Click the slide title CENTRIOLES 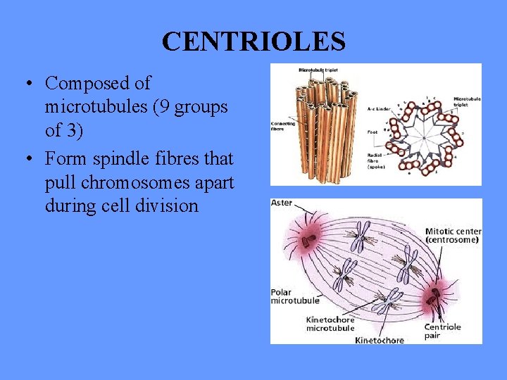pos(254,42)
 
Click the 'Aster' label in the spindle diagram pos(282,203)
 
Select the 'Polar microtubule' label pos(294,296)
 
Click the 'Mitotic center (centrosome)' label pos(451,236)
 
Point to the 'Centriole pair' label pos(442,331)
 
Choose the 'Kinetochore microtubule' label pos(330,324)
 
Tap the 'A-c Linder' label pos(380,109)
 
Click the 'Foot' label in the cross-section pos(372,132)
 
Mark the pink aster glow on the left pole pos(308,243)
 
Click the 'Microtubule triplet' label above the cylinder pos(319,70)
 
